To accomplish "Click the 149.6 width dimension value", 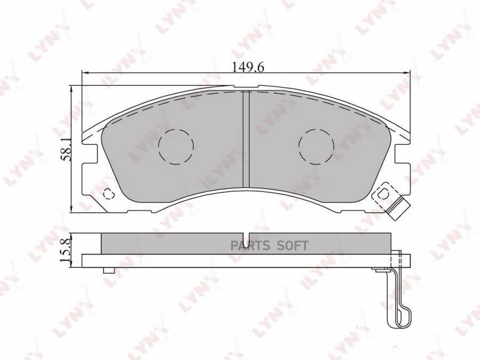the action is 247,67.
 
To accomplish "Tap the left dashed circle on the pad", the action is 177,147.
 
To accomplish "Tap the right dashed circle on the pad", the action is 316,147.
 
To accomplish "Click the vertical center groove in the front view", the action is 246,139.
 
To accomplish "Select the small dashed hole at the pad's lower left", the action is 108,194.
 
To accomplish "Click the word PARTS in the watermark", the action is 250,245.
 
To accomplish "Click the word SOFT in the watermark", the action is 292,245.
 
